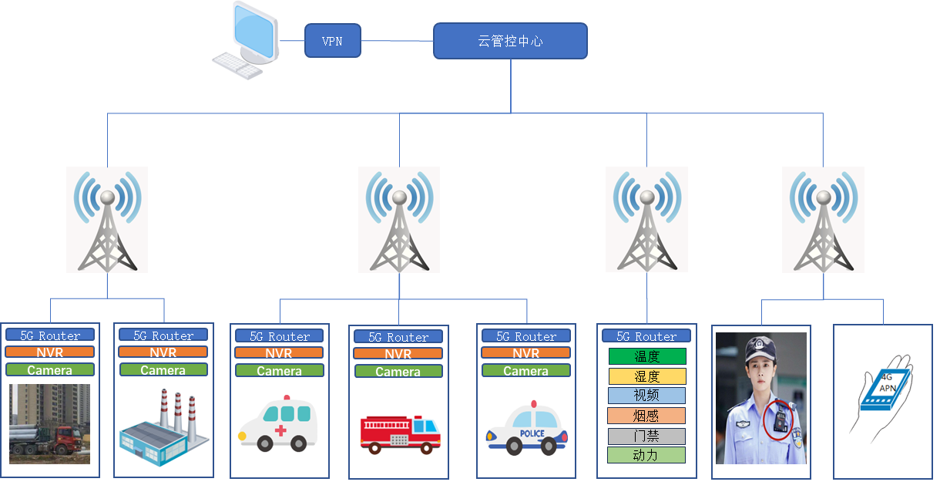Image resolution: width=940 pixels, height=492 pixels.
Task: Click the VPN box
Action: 332,41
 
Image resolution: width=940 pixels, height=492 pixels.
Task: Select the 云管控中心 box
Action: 510,41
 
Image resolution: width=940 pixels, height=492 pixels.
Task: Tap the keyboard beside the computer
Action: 237,66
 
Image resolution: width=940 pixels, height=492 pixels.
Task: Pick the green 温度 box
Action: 646,356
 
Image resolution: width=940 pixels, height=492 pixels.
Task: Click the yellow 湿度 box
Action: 646,376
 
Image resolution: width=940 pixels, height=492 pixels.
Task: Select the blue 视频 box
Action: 646,396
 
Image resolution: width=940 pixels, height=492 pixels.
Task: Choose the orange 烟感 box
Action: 646,416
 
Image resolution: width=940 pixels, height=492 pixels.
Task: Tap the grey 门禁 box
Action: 646,436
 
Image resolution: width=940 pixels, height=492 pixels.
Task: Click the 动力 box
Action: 646,455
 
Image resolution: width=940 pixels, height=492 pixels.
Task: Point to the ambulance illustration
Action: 279,424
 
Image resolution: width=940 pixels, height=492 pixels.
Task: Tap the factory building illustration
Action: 163,428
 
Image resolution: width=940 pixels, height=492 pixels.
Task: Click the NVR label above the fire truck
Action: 398,354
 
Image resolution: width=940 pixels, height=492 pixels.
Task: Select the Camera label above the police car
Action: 525,371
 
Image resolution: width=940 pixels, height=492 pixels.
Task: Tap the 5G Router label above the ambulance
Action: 279,336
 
